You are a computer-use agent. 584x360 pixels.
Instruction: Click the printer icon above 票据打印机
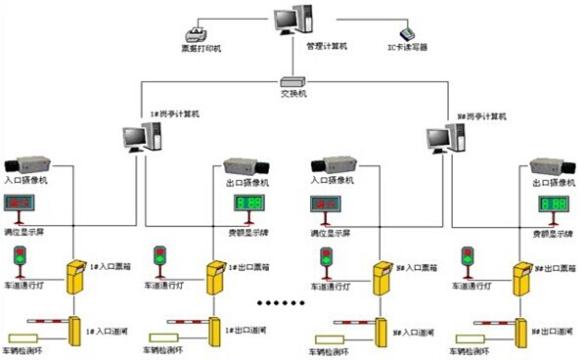coord(204,28)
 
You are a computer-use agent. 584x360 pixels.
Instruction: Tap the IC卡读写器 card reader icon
coord(396,26)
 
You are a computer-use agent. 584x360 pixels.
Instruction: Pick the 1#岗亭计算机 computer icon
coord(139,136)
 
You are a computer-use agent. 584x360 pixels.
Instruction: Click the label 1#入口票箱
coord(108,265)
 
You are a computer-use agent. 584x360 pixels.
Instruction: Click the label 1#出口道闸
coord(251,331)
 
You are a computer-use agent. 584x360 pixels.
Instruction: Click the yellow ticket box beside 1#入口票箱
coord(75,278)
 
